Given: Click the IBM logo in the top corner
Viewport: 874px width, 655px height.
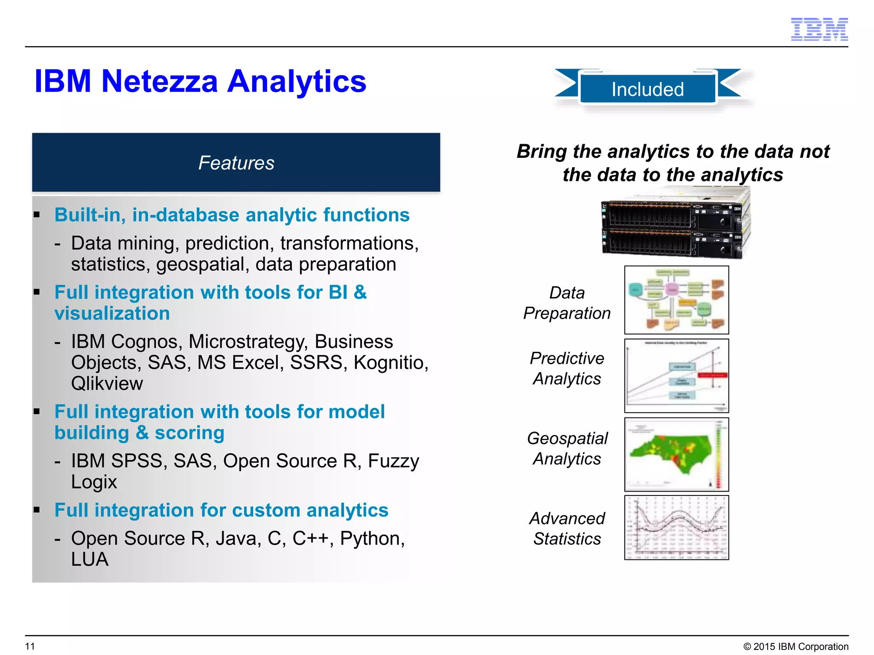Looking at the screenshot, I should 819,29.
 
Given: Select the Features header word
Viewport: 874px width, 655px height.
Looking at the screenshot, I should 236,163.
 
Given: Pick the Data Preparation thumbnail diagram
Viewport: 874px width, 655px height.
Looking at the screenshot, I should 676,300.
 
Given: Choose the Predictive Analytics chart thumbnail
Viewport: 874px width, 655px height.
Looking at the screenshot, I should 676,376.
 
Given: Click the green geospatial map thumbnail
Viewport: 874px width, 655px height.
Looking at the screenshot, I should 676,455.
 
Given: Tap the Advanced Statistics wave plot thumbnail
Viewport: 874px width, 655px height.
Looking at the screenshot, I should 676,527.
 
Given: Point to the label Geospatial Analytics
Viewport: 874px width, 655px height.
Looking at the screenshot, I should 567,449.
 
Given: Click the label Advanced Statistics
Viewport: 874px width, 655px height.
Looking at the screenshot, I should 567,528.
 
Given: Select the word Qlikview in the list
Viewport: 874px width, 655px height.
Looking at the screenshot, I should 107,383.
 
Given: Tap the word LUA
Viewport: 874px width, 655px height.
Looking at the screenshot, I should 90,559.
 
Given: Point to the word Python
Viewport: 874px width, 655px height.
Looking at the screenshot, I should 372,538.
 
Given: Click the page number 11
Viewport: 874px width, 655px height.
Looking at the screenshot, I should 30,646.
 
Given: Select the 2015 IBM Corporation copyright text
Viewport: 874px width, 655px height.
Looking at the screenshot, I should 796,646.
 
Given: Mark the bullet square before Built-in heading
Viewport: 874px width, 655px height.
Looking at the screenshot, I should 37,215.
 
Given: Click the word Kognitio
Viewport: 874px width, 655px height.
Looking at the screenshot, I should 390,362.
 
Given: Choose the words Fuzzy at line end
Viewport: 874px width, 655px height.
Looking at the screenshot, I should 393,461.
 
